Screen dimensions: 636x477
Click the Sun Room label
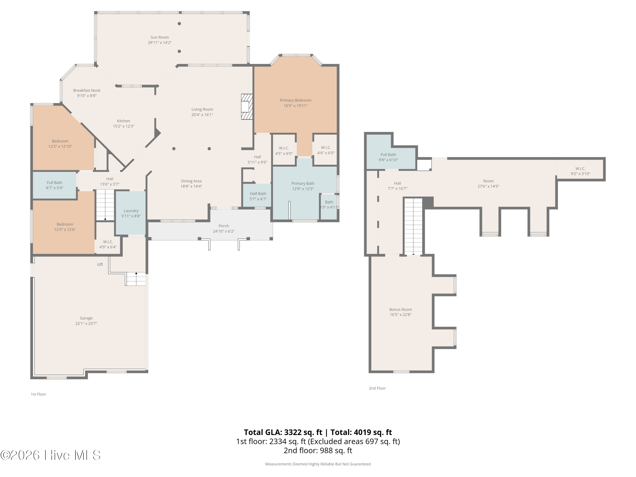[160, 37]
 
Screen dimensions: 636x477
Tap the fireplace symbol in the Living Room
[247, 107]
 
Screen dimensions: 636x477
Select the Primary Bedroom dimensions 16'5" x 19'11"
[296, 106]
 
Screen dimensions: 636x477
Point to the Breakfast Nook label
[87, 90]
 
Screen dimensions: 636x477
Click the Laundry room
[131, 213]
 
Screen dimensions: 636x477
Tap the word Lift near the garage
[100, 264]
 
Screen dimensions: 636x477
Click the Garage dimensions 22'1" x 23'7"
[86, 324]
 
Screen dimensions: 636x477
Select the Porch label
[224, 226]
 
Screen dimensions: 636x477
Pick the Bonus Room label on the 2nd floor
[400, 309]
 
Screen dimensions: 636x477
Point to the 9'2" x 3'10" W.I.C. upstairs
[580, 171]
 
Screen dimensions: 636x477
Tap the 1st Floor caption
[39, 394]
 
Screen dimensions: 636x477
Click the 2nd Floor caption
[377, 388]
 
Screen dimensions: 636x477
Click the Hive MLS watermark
[51, 455]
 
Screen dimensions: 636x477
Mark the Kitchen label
[124, 121]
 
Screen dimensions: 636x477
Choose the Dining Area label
[191, 181]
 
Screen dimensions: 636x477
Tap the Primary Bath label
[303, 183]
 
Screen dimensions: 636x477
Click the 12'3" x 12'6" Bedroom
[64, 223]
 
